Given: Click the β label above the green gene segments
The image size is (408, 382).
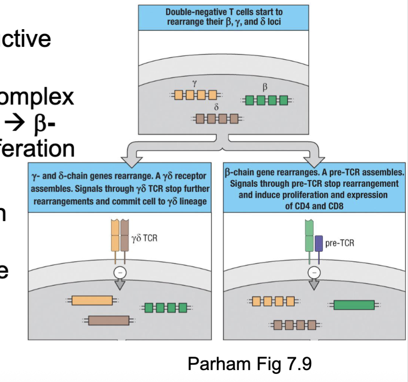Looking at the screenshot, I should click(265, 88).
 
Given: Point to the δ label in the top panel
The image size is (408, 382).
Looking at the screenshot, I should click(216, 107).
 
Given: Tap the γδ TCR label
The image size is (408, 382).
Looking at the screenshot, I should click(144, 236).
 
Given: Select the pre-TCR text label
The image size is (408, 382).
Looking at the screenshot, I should click(340, 243).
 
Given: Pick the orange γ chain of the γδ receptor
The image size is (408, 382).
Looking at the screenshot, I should click(115, 236).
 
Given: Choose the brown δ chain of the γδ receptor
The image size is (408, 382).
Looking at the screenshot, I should click(125, 236).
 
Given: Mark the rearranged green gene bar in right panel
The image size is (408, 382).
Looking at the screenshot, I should click(354, 304).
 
